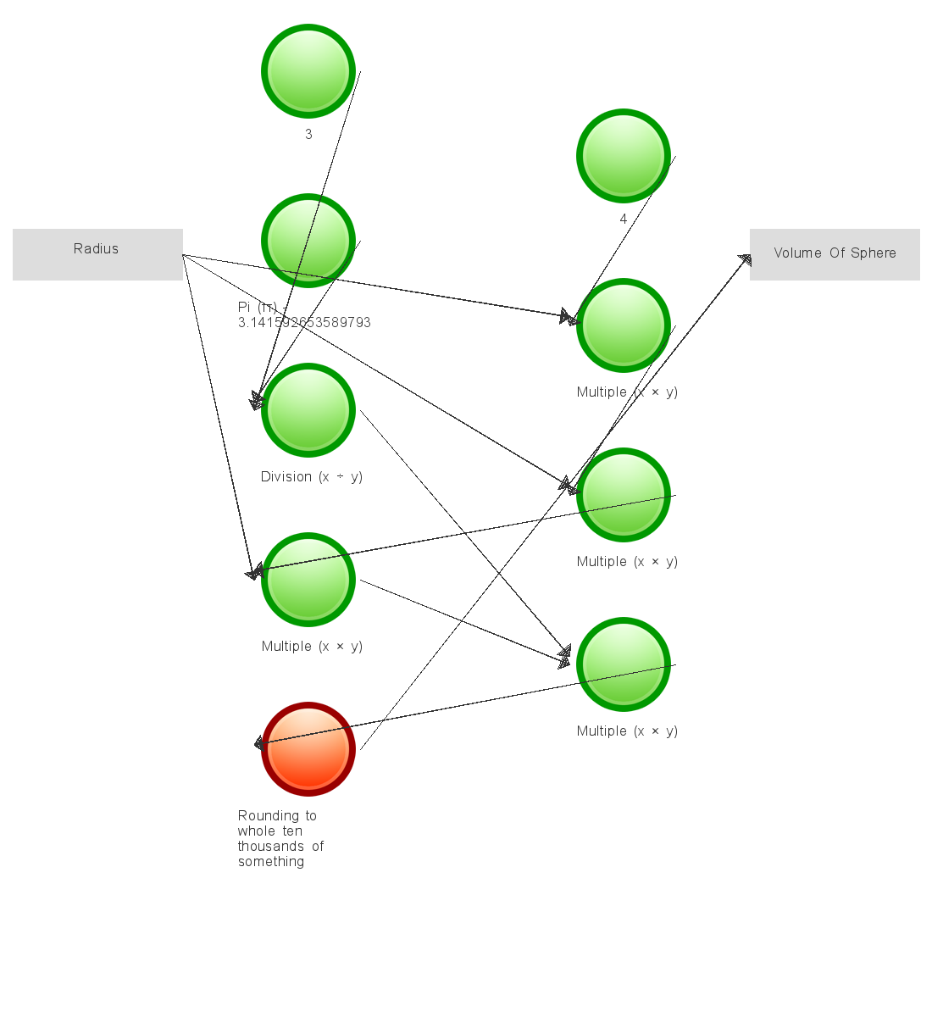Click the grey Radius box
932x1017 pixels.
pos(97,254)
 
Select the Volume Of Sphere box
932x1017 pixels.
pos(835,254)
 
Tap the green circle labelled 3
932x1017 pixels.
pos(308,71)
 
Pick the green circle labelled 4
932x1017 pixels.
pos(624,156)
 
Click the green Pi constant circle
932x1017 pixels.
pos(308,241)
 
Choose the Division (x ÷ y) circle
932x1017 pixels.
pos(308,410)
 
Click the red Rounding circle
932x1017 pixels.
pos(308,749)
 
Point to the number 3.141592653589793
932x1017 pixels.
pos(304,323)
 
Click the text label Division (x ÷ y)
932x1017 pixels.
pos(311,477)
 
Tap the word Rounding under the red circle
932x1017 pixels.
pos(277,816)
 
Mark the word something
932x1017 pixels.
pos(271,862)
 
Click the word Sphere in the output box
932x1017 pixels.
pos(874,253)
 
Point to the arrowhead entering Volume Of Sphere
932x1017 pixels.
pos(744,260)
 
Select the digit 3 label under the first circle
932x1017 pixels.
pos(308,135)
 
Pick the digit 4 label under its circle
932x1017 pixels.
pos(624,220)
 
